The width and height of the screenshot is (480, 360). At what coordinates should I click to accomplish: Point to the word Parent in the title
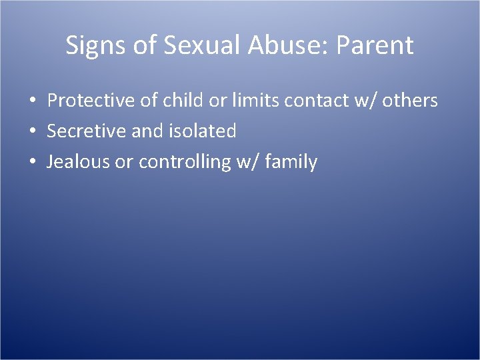(x=375, y=45)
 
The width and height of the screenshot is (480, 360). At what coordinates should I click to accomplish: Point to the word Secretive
(x=87, y=131)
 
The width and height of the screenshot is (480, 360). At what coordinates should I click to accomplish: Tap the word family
(x=291, y=162)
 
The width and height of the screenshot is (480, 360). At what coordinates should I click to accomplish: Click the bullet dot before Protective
(x=32, y=101)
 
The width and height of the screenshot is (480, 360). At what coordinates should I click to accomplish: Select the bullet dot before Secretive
(x=32, y=132)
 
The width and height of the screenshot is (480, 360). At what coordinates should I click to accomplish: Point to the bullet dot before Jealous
(x=32, y=163)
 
